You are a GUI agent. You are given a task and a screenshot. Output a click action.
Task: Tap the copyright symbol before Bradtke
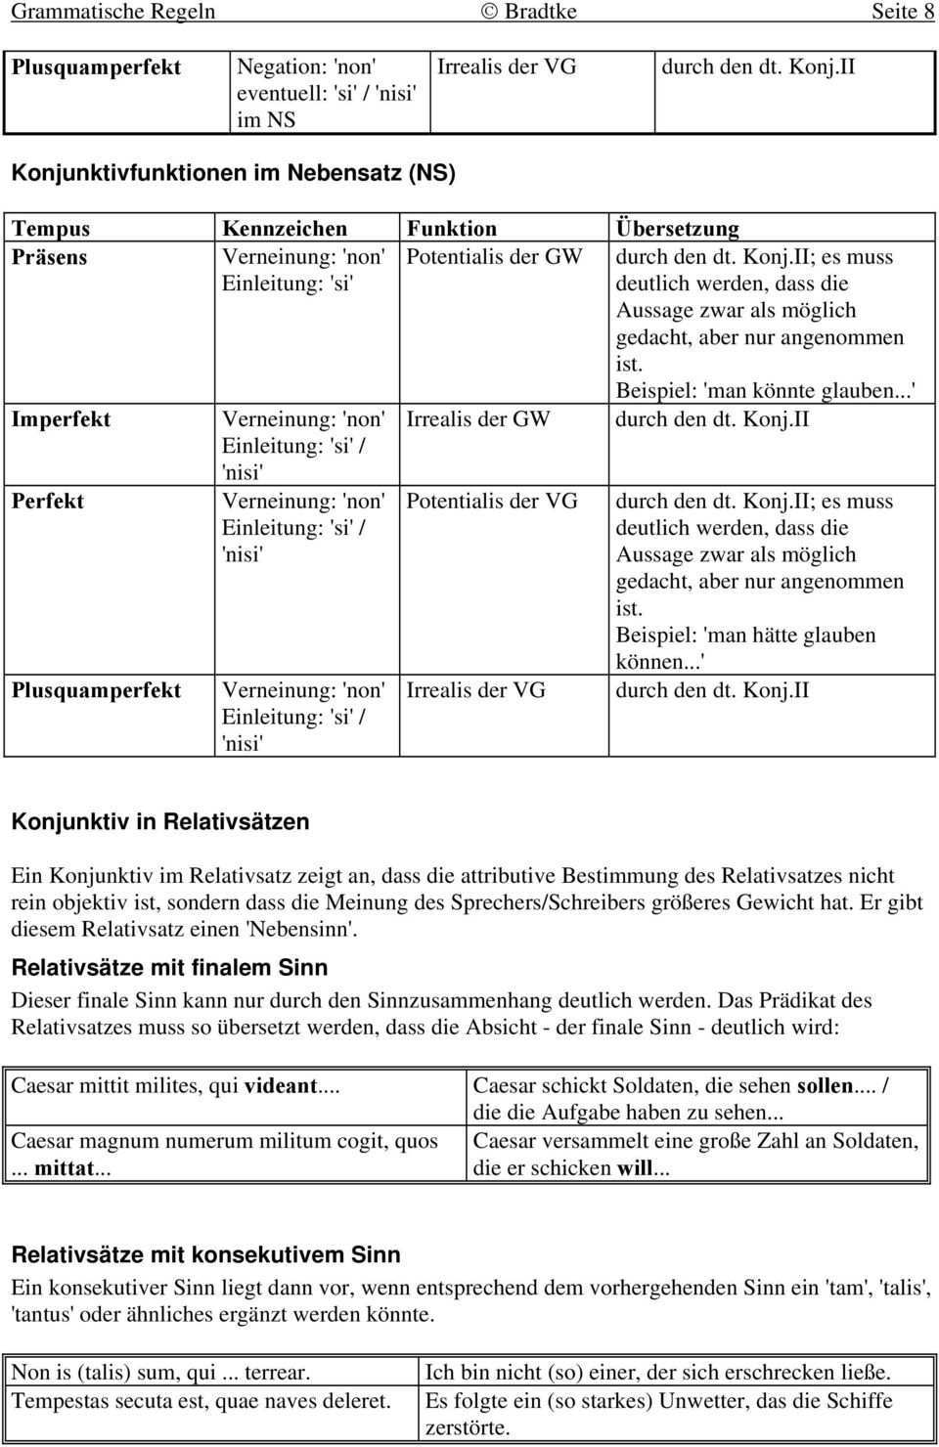tap(489, 12)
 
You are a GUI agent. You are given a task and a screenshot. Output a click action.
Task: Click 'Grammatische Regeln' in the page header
tap(112, 12)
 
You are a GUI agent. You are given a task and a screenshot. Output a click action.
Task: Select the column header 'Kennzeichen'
tap(285, 229)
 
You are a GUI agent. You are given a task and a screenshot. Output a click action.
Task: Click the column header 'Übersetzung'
tap(677, 229)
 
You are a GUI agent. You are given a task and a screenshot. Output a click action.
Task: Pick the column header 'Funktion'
tap(451, 229)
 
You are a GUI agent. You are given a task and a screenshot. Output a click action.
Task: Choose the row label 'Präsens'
tap(49, 257)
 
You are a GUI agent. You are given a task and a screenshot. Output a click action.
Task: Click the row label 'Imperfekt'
tap(61, 419)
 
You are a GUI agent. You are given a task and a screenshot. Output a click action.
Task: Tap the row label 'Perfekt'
tap(47, 502)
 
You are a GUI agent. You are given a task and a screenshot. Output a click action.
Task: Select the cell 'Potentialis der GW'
tap(494, 257)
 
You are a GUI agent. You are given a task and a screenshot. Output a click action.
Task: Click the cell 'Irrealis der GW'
tap(477, 419)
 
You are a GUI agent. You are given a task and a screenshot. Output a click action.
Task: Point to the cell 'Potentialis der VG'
tap(491, 502)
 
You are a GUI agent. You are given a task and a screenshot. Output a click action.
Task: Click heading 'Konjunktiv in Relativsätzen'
tap(159, 822)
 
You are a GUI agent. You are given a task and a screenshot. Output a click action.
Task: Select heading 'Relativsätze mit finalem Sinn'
tap(169, 968)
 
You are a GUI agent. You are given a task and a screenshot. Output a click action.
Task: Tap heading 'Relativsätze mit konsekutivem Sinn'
tap(205, 1255)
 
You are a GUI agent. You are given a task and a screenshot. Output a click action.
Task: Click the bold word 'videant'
tap(280, 1086)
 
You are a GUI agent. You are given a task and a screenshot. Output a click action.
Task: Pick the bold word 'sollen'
tap(825, 1086)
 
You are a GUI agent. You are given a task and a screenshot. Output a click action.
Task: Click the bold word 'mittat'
tap(63, 1168)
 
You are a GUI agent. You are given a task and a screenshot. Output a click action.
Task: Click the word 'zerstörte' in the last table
tap(466, 1427)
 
